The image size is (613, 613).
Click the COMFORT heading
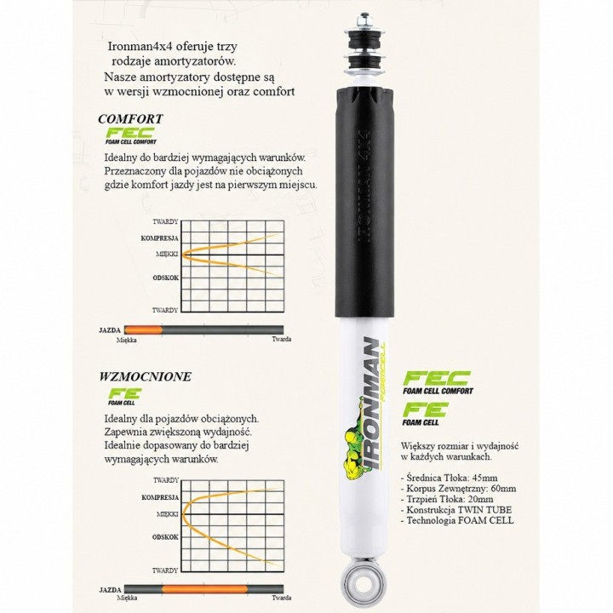130,119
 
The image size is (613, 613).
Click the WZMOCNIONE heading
145,376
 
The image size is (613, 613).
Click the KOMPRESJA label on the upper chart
159,238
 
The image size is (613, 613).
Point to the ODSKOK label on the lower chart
165,537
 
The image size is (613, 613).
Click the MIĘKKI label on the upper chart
167,254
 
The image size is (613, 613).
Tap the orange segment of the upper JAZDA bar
143,330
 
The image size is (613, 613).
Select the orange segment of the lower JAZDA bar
205,589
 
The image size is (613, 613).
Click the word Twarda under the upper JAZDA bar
282,339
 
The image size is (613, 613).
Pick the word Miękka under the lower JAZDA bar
127,599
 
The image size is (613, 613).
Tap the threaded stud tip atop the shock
364,19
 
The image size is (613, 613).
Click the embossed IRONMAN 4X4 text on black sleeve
363,186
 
